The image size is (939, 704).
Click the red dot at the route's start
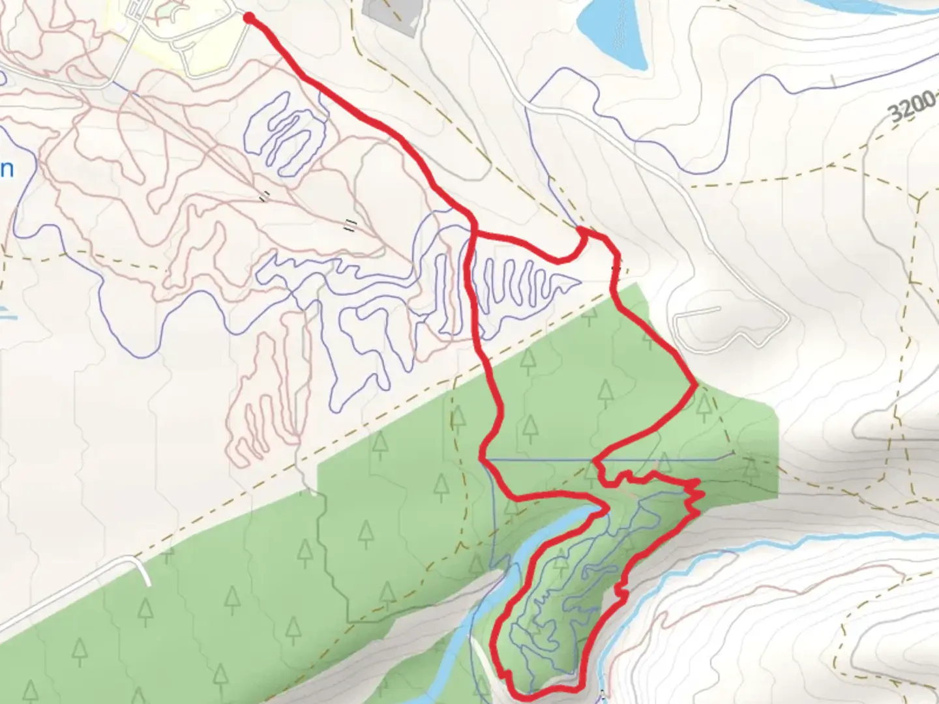pos(248,18)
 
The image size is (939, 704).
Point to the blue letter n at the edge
pos(7,169)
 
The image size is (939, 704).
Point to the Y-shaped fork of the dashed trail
pos(919,196)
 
